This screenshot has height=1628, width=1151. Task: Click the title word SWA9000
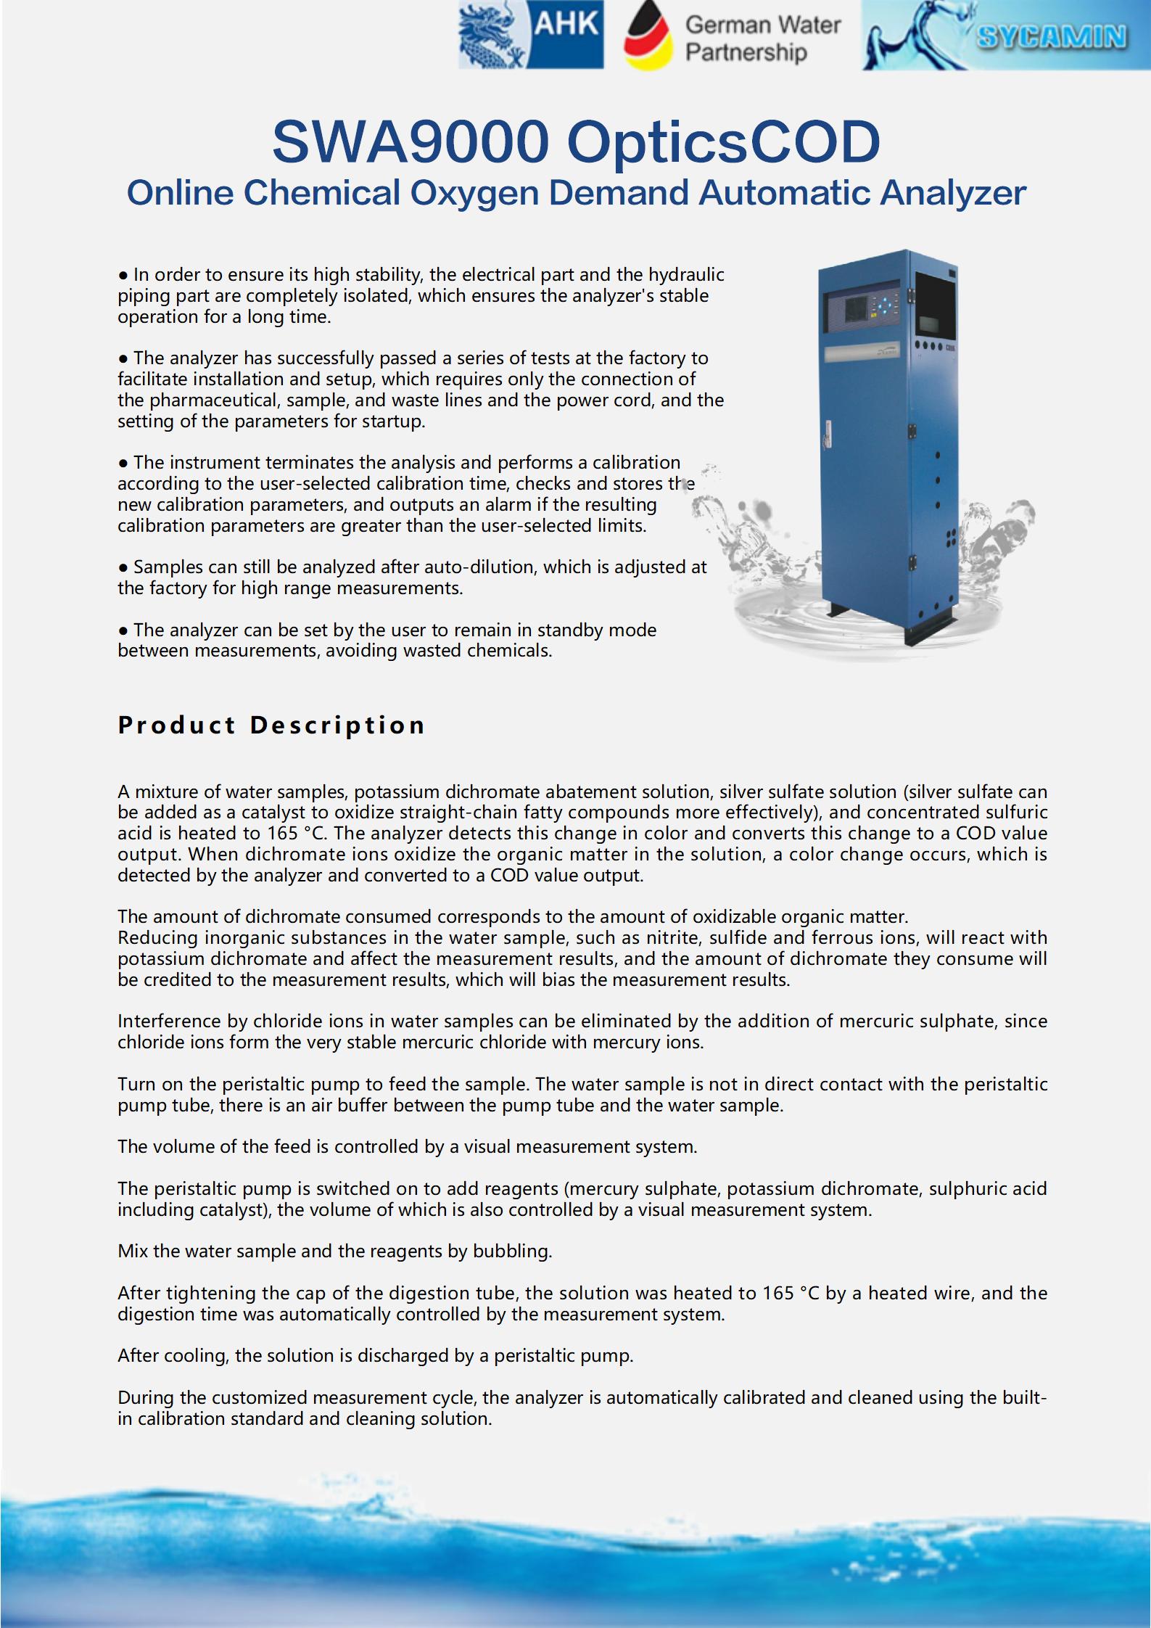(x=411, y=142)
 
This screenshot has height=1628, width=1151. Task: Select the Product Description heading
(x=271, y=725)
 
